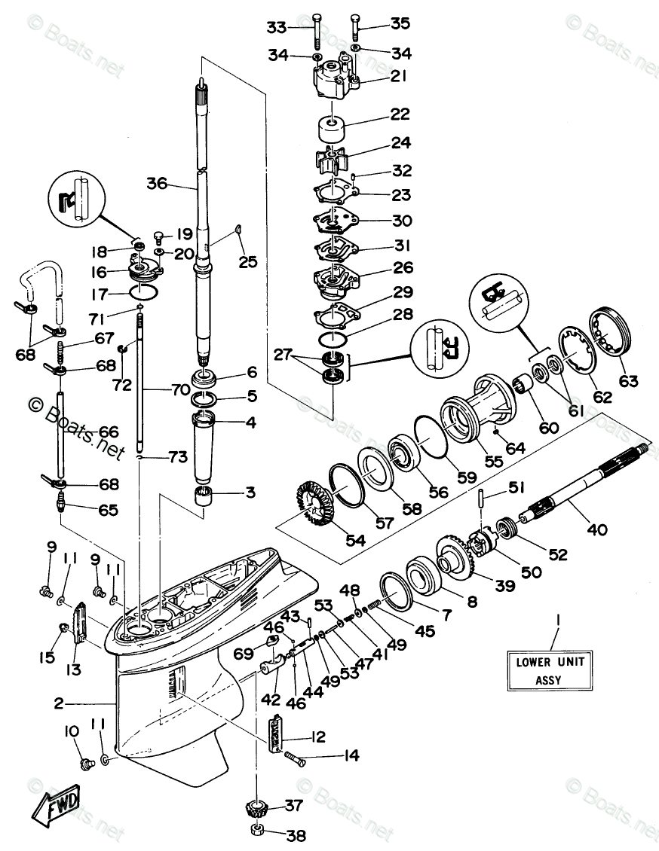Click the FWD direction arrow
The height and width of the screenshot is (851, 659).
[57, 807]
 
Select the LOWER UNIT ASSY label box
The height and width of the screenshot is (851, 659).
[550, 670]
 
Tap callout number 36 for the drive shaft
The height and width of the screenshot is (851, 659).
[157, 184]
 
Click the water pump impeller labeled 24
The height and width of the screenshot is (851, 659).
[329, 160]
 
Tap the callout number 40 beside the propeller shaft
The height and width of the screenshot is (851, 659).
[597, 529]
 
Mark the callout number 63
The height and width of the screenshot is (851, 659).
[628, 380]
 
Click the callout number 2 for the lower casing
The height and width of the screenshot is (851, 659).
[59, 703]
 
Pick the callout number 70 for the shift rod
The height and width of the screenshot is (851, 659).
[180, 389]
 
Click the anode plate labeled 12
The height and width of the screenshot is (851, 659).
[277, 733]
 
